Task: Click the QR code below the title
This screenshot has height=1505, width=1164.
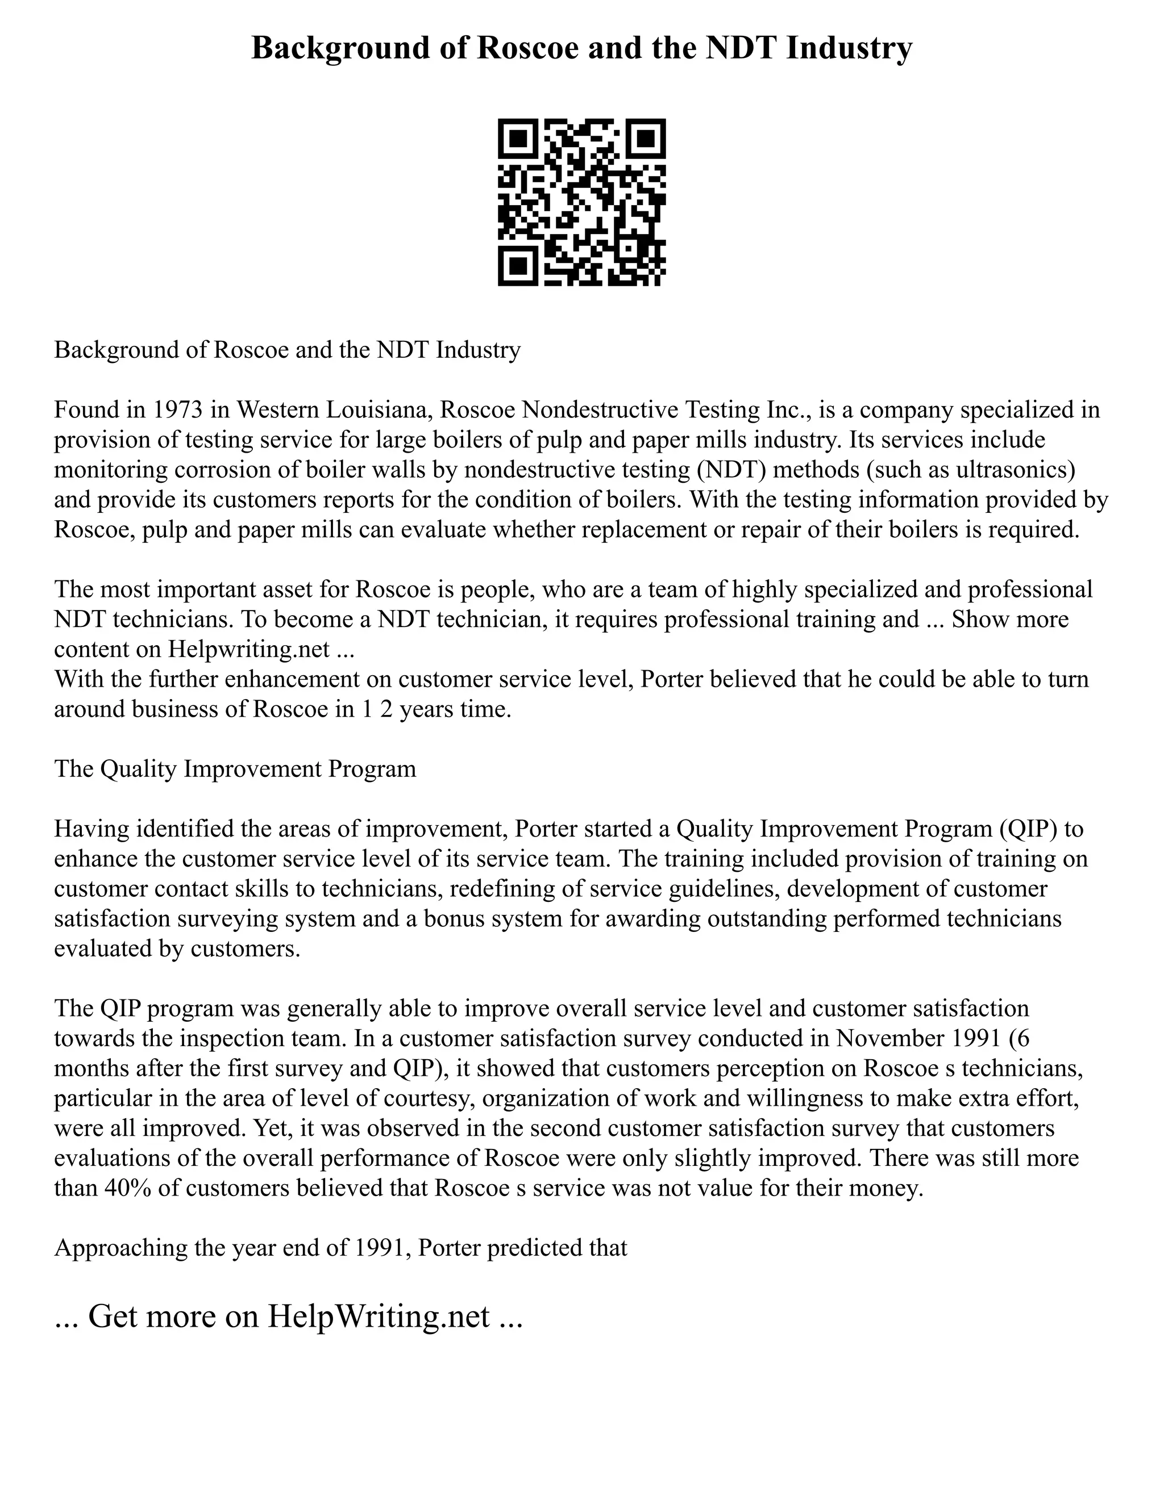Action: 581,202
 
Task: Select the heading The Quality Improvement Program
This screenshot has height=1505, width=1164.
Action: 235,768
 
